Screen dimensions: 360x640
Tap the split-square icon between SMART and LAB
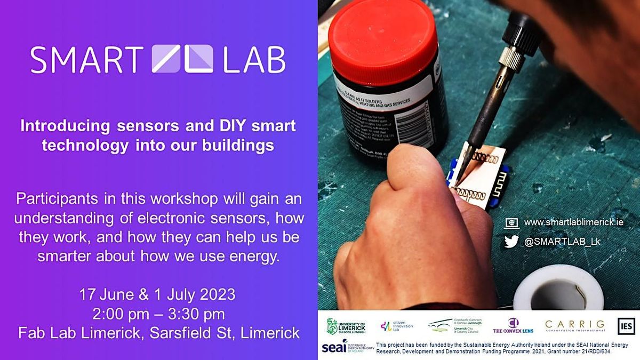pyautogui.click(x=182, y=59)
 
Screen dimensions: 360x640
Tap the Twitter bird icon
pyautogui.click(x=511, y=242)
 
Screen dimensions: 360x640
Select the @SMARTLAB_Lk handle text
pyautogui.click(x=562, y=242)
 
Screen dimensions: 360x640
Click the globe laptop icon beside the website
pyautogui.click(x=511, y=222)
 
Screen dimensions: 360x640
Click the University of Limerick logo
pyautogui.click(x=346, y=326)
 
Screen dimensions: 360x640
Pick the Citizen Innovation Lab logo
pyautogui.click(x=397, y=326)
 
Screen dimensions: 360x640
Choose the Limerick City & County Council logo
pyautogui.click(x=454, y=326)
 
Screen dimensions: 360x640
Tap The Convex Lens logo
pyautogui.click(x=513, y=326)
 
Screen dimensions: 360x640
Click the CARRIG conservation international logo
pyautogui.click(x=574, y=325)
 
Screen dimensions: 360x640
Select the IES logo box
pyautogui.click(x=626, y=325)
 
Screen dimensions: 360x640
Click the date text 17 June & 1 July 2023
pyautogui.click(x=157, y=294)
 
